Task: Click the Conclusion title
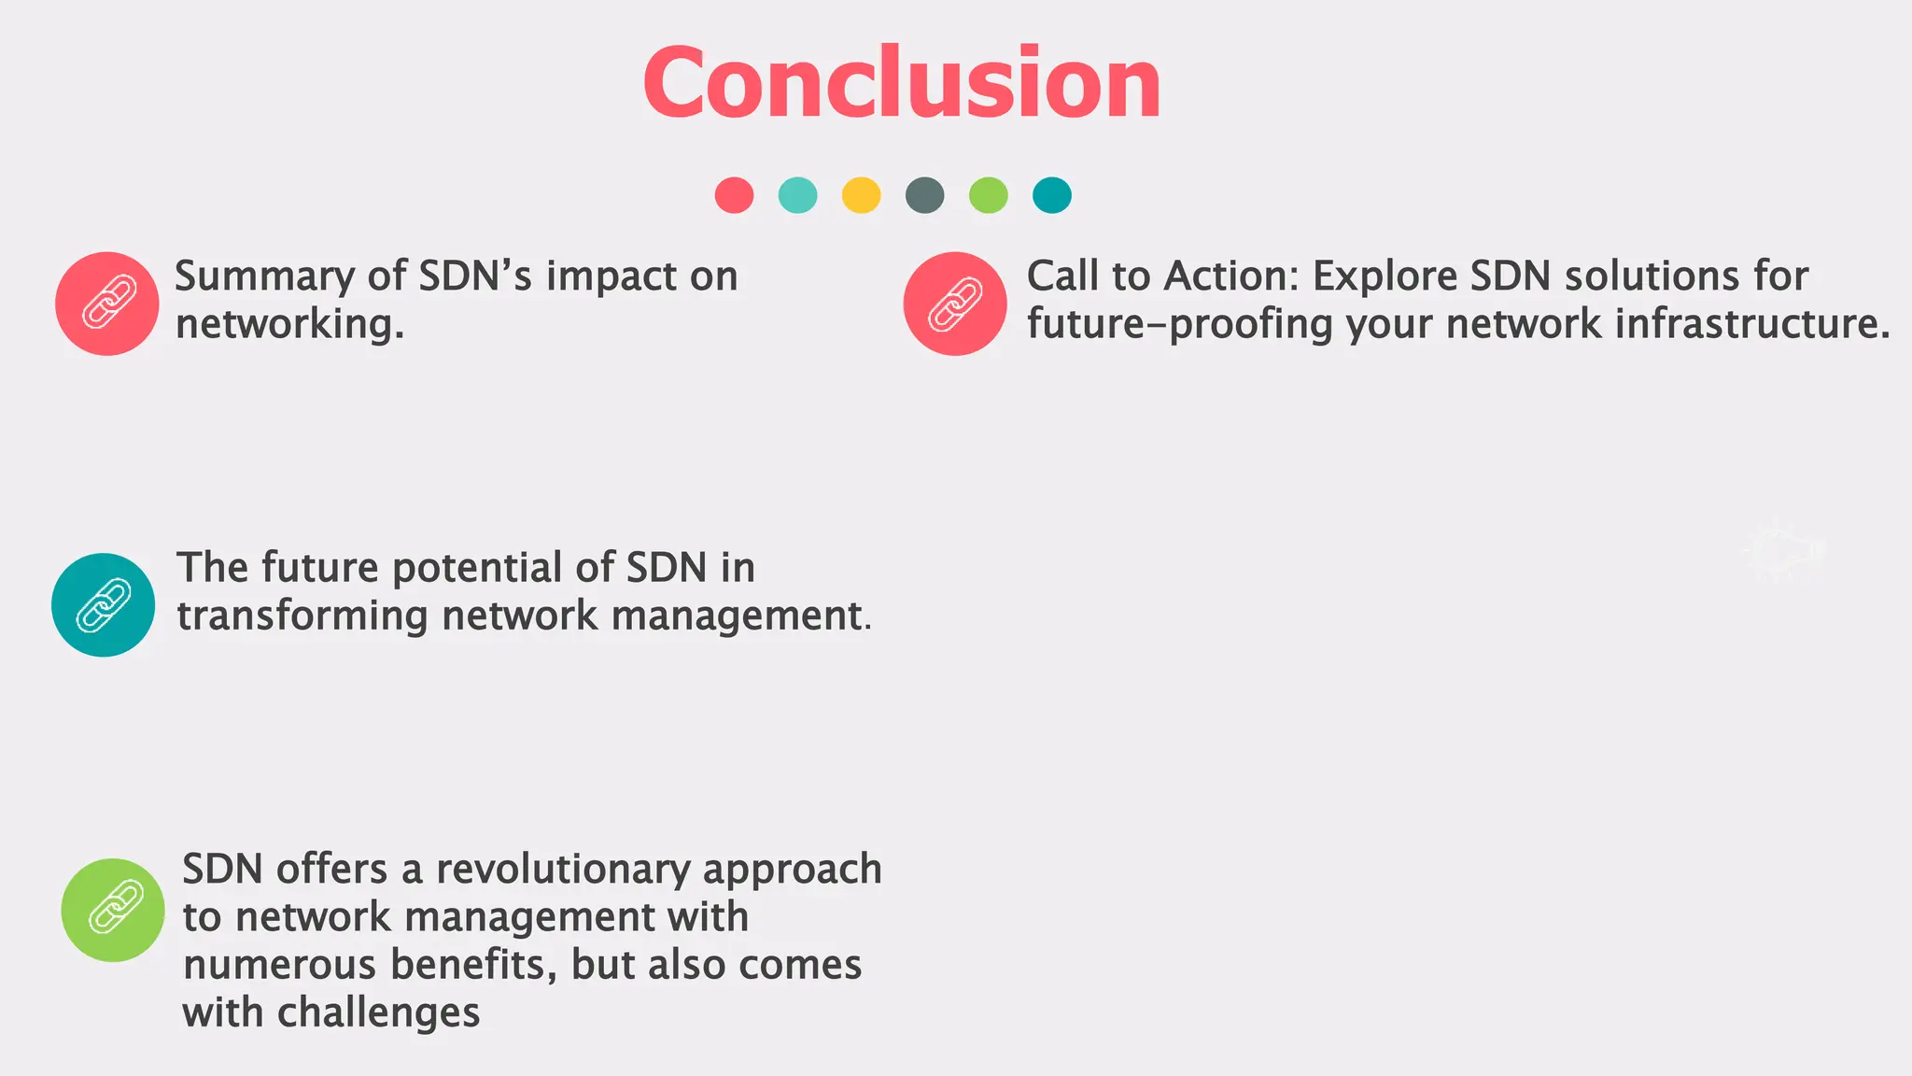point(902,84)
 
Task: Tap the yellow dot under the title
point(861,195)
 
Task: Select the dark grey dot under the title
point(924,195)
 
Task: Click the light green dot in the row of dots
point(988,195)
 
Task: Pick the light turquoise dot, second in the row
point(797,195)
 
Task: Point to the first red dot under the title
point(734,195)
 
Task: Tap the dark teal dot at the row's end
point(1051,195)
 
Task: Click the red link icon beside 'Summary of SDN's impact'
point(107,304)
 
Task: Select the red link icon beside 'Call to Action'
point(955,304)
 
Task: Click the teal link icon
point(104,605)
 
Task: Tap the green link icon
point(113,910)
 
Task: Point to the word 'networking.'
point(289,325)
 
